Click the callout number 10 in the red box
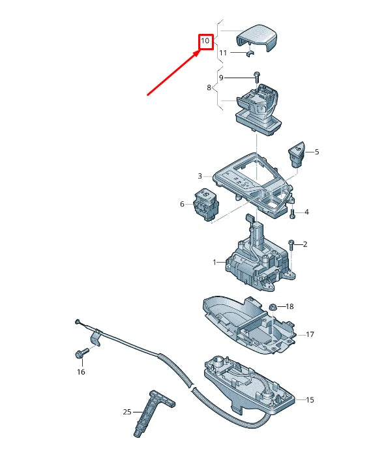click(205, 42)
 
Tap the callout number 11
click(223, 53)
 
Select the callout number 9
click(221, 78)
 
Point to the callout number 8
click(209, 87)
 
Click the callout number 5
click(317, 152)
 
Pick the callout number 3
click(200, 176)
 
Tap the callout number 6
click(183, 205)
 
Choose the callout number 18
click(289, 306)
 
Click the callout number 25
click(126, 412)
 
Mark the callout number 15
click(310, 399)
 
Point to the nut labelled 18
click(273, 307)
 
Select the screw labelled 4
click(292, 213)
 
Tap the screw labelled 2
click(291, 244)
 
